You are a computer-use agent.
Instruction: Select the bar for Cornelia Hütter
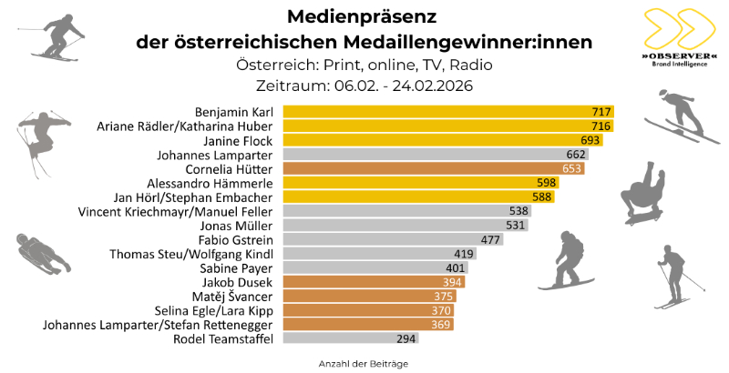pyautogui.click(x=433, y=168)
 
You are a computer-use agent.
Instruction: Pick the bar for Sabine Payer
pyautogui.click(x=374, y=267)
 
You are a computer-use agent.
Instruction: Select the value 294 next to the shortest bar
pyautogui.click(x=406, y=339)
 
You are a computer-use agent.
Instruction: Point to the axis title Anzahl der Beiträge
pyautogui.click(x=363, y=362)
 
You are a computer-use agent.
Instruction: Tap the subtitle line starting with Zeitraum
pyautogui.click(x=363, y=85)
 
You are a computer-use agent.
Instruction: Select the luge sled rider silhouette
pyautogui.click(x=42, y=252)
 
